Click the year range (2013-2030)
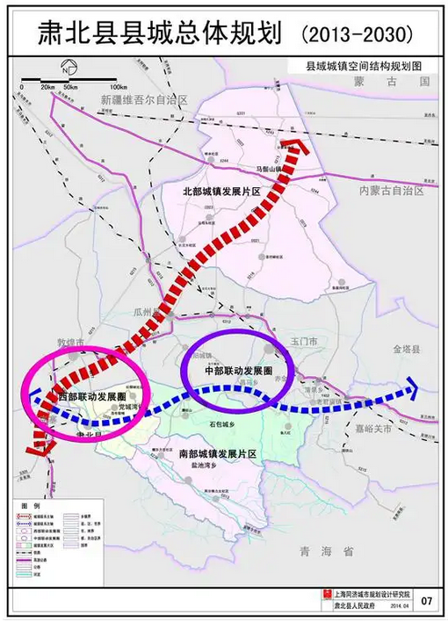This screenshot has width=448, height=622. click(x=357, y=34)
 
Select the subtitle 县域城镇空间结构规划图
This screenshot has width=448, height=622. click(x=365, y=65)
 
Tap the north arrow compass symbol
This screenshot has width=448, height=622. click(x=66, y=70)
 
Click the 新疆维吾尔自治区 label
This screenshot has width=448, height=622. click(x=145, y=101)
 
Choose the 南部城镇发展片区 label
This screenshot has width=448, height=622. click(x=216, y=454)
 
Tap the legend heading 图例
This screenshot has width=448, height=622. click(x=25, y=507)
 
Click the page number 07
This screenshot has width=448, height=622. click(x=427, y=601)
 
